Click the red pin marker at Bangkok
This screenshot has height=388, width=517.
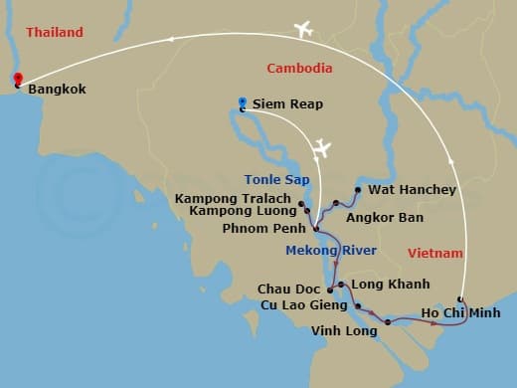17,81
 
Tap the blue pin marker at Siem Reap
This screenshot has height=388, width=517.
243,103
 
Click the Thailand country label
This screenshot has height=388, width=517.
54,33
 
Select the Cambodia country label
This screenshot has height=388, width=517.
300,68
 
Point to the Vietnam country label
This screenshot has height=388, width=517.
435,254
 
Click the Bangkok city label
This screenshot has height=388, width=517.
58,90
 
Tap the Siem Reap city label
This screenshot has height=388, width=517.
288,103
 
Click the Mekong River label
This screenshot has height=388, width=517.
331,250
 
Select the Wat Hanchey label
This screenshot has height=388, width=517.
412,189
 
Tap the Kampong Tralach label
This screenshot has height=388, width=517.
235,198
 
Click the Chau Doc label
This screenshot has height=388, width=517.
287,290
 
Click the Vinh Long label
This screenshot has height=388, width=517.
344,331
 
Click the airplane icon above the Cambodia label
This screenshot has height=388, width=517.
304,30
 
